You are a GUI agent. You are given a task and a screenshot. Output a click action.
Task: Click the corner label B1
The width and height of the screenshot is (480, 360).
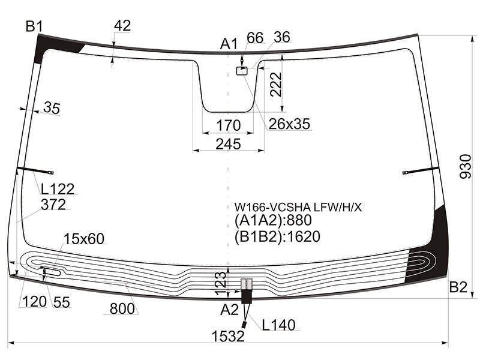34,26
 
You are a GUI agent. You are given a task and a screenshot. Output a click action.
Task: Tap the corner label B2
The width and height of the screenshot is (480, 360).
458,287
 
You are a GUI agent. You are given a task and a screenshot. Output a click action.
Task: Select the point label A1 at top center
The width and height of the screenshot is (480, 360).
229,44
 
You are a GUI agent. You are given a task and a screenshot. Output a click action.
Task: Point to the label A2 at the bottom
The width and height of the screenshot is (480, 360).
229,310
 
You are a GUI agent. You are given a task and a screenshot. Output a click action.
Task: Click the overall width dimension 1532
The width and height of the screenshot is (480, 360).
228,336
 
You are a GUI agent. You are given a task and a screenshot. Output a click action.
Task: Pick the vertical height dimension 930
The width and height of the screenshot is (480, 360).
466,166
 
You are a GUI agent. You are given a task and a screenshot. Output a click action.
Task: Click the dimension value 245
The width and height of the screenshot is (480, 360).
228,144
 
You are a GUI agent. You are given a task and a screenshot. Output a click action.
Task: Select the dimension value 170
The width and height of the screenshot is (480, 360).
229,125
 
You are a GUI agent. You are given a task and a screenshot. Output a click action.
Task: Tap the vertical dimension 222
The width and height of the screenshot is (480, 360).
276,85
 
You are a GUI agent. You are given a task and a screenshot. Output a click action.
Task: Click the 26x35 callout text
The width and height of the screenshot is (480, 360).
289,124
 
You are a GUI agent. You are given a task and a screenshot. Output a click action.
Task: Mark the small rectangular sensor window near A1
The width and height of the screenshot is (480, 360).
242,71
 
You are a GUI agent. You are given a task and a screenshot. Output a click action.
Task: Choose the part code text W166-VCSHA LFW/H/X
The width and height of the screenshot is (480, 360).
298,208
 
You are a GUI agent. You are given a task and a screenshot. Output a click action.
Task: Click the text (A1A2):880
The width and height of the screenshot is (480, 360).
273,220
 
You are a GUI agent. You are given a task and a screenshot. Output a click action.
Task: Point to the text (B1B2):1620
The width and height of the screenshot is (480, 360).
277,236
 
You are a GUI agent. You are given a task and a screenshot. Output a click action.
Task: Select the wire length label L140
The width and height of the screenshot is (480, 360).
278,325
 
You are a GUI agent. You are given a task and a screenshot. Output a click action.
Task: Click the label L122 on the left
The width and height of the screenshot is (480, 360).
58,189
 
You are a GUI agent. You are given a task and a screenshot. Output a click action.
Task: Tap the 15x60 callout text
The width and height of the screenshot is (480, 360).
84,238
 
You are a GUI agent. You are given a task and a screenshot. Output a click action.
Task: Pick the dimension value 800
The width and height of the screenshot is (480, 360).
122,309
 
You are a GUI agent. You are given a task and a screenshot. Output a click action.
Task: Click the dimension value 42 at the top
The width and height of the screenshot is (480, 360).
122,25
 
